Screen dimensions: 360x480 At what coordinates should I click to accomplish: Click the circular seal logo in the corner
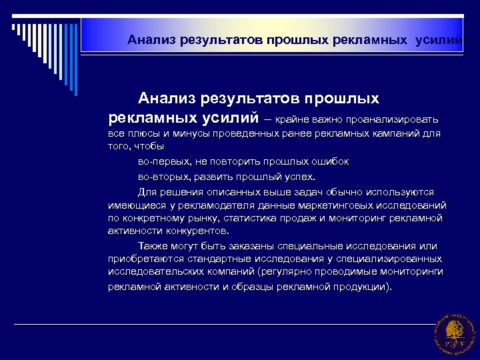tap(454, 332)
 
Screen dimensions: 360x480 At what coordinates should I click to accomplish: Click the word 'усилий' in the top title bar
tap(438, 40)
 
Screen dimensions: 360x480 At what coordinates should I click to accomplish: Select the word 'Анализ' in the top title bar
tap(151, 40)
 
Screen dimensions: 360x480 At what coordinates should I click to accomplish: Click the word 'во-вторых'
tap(159, 177)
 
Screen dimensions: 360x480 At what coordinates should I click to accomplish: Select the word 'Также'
tap(153, 246)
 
